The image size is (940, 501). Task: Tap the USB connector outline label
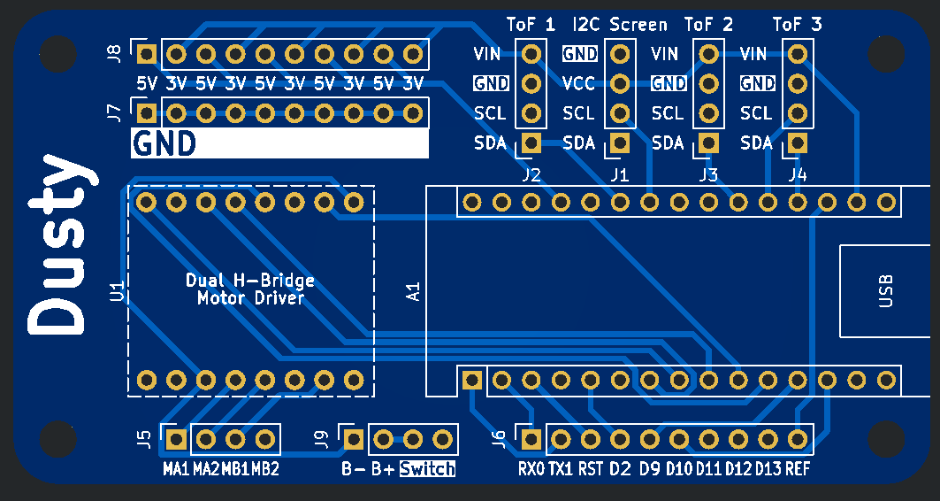coord(885,291)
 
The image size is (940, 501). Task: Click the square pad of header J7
coord(146,112)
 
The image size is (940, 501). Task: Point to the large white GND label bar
coord(280,143)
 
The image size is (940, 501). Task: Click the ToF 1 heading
coord(531,25)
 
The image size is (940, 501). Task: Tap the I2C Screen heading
coord(620,25)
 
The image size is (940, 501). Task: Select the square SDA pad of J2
coord(531,143)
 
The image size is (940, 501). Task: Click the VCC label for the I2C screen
coord(578,83)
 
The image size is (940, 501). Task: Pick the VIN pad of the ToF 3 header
coord(798,55)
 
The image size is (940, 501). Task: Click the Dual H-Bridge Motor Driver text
coord(250,289)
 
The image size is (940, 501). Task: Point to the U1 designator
coord(118,291)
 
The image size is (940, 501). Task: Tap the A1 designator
coord(414,291)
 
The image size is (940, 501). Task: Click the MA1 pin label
coord(176,468)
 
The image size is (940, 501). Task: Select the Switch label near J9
coord(427,468)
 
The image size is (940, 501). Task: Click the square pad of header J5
coord(176,440)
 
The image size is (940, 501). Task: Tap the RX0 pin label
coord(531,468)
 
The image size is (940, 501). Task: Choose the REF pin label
coord(798,468)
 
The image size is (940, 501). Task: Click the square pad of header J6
coord(531,440)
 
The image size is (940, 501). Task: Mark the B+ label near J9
coord(383,468)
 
